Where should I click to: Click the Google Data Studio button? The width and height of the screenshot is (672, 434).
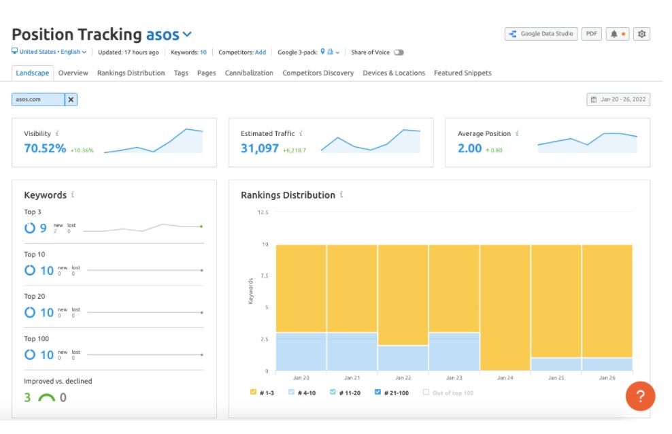[541, 34]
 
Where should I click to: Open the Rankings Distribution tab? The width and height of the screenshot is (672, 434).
[131, 73]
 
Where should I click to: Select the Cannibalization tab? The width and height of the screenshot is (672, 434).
[249, 73]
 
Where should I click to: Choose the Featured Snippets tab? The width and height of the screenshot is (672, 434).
[463, 73]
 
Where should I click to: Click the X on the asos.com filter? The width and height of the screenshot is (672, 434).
[71, 99]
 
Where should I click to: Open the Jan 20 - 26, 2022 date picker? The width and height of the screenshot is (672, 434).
[618, 99]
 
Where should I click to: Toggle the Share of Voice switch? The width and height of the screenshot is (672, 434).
[399, 52]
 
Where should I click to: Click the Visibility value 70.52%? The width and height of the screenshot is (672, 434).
[45, 148]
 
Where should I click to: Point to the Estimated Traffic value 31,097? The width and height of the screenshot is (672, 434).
[260, 148]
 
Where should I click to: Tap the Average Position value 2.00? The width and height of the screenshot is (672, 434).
[469, 148]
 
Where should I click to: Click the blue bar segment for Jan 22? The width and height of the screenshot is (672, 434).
[403, 358]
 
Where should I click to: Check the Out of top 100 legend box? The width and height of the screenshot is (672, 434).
[426, 393]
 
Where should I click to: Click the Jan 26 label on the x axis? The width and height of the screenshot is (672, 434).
[607, 378]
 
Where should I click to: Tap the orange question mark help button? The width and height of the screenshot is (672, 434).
[640, 396]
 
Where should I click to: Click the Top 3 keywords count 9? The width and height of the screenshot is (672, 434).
[43, 229]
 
